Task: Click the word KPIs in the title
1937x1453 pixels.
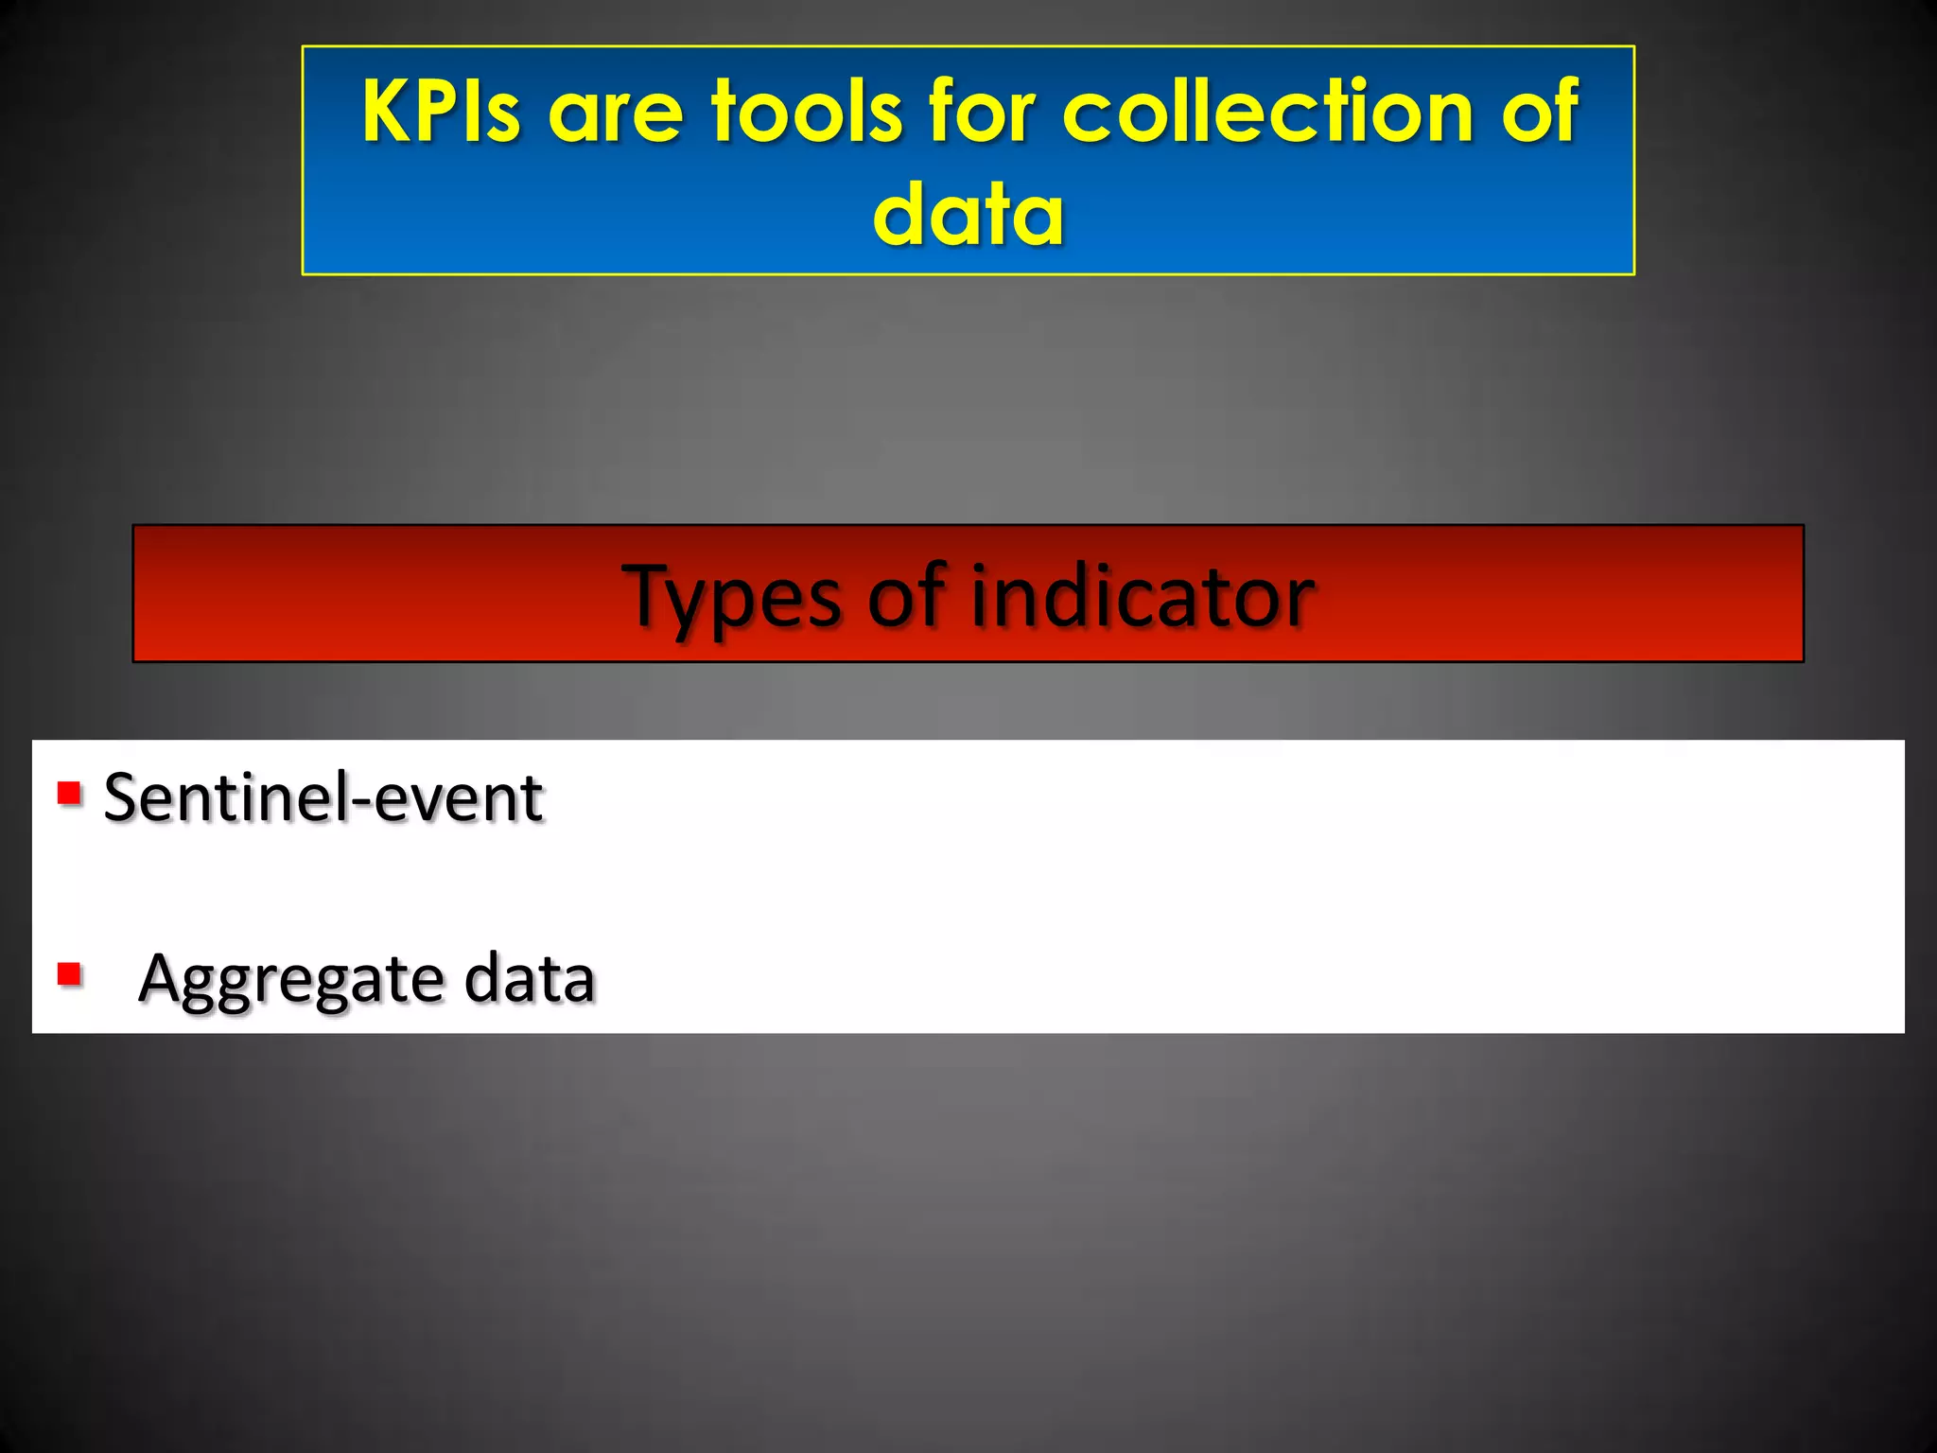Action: pyautogui.click(x=441, y=112)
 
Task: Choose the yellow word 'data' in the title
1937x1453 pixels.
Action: pyautogui.click(x=968, y=215)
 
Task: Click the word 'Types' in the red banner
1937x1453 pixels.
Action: pyautogui.click(x=731, y=597)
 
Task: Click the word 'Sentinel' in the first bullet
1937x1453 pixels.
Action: pyautogui.click(x=224, y=797)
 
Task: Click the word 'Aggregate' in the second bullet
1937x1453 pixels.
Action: pyautogui.click(x=288, y=981)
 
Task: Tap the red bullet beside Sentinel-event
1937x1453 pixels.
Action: pyautogui.click(x=69, y=793)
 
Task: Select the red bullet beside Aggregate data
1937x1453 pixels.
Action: pyautogui.click(x=69, y=973)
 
